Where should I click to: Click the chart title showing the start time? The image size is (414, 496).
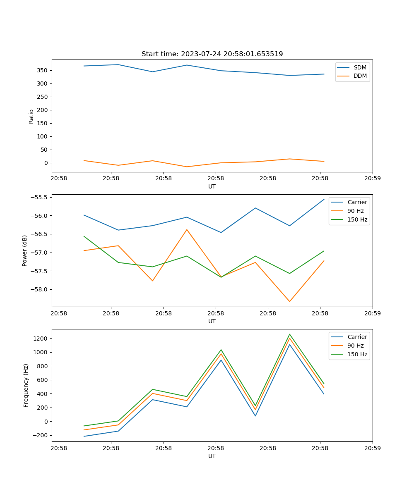pos(212,54)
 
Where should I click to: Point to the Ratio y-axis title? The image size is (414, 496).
pos(31,116)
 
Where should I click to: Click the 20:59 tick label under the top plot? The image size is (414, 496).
pos(373,179)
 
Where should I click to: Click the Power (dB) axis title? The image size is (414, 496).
pos(25,250)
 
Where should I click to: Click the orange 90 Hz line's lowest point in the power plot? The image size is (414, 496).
pos(289,301)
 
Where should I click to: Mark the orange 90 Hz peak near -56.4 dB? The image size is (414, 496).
pos(187,229)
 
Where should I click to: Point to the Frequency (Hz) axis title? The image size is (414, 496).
pos(26,385)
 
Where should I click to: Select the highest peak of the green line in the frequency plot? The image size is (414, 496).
pos(289,334)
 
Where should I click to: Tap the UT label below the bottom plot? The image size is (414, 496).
pos(212,456)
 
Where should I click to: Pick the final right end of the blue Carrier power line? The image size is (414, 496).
pos(324,199)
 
